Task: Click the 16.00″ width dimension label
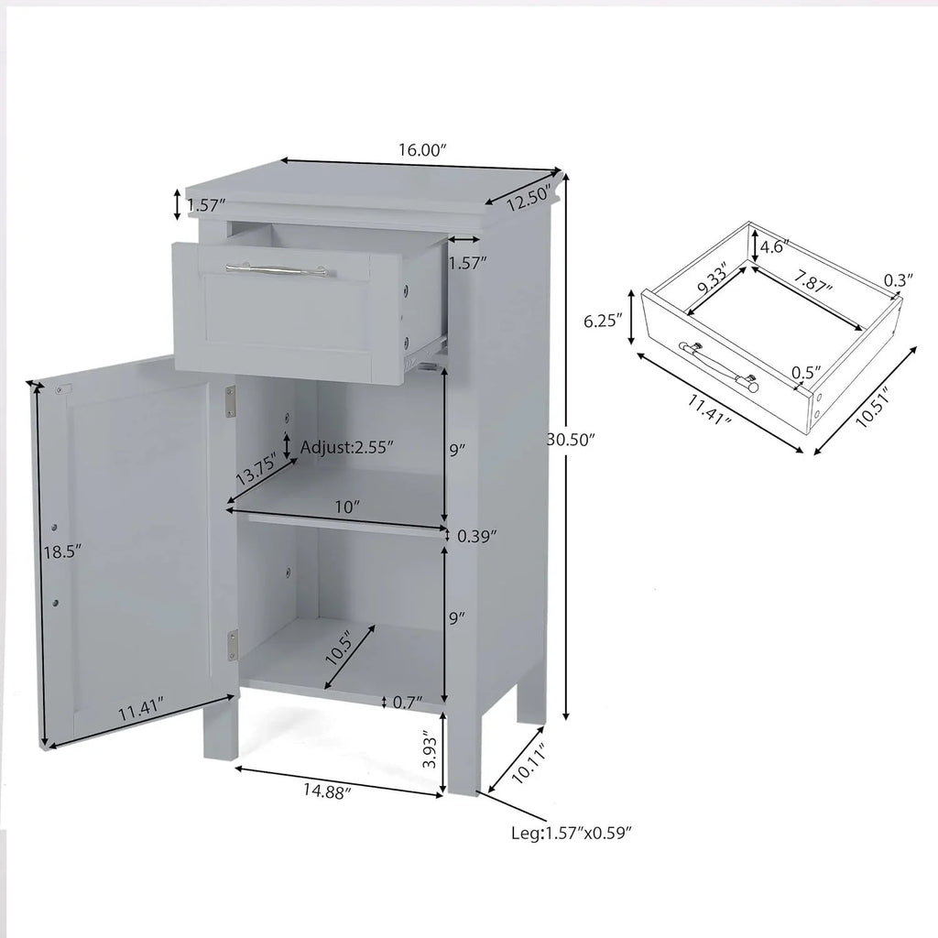[423, 150]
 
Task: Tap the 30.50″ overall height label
[572, 440]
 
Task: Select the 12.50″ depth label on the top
[529, 199]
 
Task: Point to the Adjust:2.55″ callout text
[347, 447]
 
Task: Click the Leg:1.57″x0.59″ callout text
[572, 833]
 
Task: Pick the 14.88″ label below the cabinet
[327, 791]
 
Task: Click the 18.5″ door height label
[62, 551]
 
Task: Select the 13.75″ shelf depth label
[256, 470]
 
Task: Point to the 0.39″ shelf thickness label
[476, 537]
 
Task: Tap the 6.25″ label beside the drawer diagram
[604, 322]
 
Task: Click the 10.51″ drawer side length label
[874, 407]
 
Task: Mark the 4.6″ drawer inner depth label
[775, 245]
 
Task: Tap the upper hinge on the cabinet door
[230, 401]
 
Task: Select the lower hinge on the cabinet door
[233, 646]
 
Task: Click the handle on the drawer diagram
[718, 366]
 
